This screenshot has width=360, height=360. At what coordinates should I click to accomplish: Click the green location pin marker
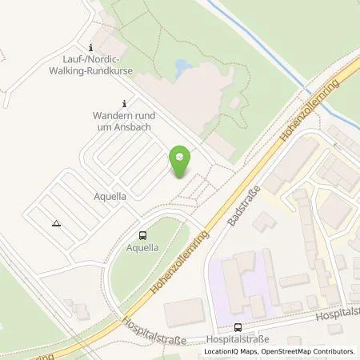click(x=182, y=162)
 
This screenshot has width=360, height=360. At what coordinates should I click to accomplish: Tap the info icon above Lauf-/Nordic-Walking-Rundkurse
click(x=92, y=47)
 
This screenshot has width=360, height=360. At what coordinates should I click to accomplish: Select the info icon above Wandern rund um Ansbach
click(x=123, y=103)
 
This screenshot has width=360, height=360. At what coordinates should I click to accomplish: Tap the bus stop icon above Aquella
click(x=142, y=235)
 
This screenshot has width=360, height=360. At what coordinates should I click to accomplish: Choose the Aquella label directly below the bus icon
click(x=142, y=248)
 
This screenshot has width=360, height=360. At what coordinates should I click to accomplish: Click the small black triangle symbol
click(x=56, y=224)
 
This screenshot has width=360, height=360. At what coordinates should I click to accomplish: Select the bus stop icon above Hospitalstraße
click(x=238, y=326)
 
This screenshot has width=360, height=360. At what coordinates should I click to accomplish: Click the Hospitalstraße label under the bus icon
click(x=238, y=339)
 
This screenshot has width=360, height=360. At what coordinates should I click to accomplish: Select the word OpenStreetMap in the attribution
click(x=290, y=351)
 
